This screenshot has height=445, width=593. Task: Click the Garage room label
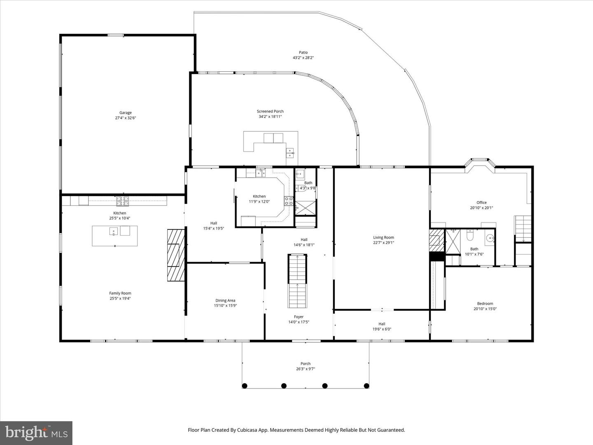[126, 112]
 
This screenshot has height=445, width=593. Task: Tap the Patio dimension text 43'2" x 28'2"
[303, 58]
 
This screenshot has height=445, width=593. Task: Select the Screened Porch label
[270, 111]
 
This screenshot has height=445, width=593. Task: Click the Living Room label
[383, 237]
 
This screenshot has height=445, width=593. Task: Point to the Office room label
[481, 202]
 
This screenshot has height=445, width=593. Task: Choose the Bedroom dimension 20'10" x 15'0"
[485, 309]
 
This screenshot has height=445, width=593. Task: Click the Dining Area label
[225, 300]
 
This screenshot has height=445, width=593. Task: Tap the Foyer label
[299, 317]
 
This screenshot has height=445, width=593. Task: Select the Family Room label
[120, 293]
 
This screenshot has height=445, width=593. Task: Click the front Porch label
[305, 363]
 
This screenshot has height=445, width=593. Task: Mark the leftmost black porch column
[245, 386]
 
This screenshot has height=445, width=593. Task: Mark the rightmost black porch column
[367, 386]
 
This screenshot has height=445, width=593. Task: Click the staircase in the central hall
[298, 281]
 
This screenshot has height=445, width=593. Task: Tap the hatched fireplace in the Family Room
[176, 255]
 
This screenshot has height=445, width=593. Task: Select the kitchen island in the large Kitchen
[114, 236]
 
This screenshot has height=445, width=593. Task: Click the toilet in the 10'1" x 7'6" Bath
[469, 236]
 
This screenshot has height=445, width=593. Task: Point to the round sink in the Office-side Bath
[490, 238]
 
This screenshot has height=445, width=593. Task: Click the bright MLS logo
[36, 433]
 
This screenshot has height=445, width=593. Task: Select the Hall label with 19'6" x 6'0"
[382, 324]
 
